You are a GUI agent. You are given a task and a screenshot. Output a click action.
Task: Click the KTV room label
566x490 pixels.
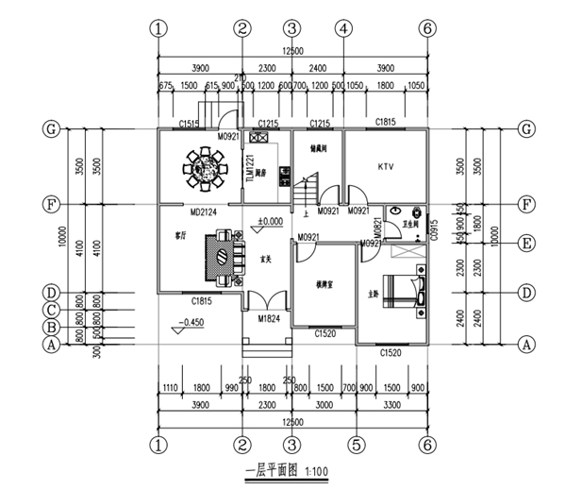pyautogui.click(x=385, y=167)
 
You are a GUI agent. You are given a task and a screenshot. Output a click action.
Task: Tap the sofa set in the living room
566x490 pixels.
pyautogui.click(x=219, y=256)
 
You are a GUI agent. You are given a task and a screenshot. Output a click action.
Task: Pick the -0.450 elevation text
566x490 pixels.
pyautogui.click(x=191, y=323)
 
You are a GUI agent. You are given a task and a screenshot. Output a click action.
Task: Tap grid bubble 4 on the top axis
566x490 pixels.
pyautogui.click(x=343, y=28)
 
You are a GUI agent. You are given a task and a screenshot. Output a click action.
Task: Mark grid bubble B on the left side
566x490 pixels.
pyautogui.click(x=51, y=328)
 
